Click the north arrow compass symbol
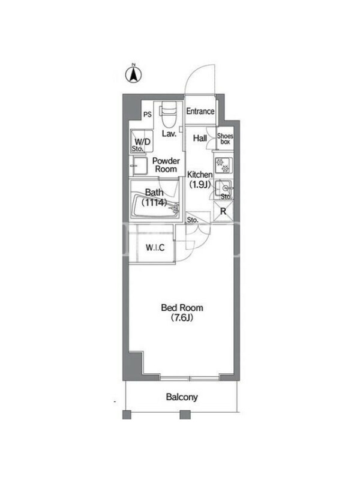click(133, 74)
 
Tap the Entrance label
click(200, 111)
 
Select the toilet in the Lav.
click(169, 115)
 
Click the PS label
click(148, 115)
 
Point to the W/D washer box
click(142, 141)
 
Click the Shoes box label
click(225, 139)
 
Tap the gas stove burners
click(224, 166)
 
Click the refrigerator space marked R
click(223, 211)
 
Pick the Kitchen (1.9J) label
click(200, 179)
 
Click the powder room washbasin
click(140, 166)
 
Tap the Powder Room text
click(166, 164)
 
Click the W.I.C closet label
click(155, 247)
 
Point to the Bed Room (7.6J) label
click(182, 313)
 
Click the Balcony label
click(182, 397)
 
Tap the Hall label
click(200, 138)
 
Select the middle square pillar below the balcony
click(185, 415)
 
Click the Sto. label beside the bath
click(193, 220)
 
